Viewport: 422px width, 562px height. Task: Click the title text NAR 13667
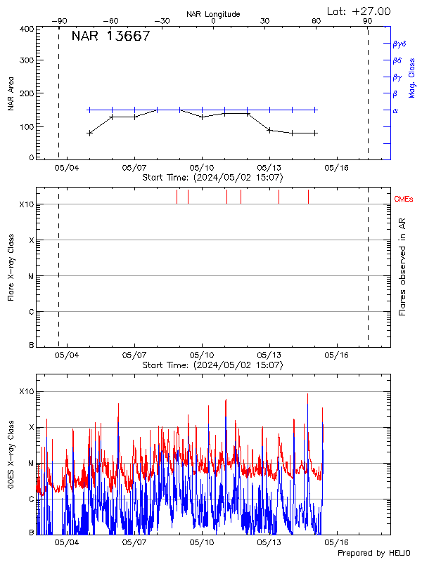[111, 37]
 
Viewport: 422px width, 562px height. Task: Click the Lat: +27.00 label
[359, 11]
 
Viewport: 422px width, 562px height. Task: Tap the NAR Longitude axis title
[213, 14]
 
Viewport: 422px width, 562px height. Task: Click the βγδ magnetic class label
[399, 44]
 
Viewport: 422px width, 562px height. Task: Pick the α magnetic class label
[395, 110]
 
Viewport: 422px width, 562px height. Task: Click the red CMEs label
[404, 200]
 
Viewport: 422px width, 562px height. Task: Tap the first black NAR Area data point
[89, 133]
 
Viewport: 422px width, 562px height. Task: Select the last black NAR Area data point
[315, 133]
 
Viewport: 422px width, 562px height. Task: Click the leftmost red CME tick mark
[177, 197]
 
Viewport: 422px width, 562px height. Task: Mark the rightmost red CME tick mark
[308, 197]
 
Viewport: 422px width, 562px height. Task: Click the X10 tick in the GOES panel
[25, 391]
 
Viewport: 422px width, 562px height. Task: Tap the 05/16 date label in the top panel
[336, 168]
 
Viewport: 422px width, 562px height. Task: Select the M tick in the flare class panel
[31, 276]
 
